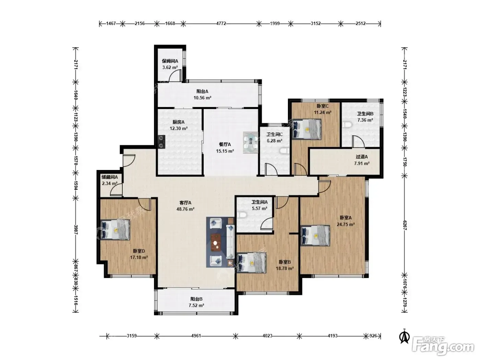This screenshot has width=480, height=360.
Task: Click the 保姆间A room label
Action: click(170, 61)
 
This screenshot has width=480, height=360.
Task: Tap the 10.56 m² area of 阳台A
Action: click(202, 98)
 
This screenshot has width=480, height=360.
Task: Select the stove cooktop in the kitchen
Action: click(161, 142)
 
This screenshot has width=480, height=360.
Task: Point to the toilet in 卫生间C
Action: click(285, 151)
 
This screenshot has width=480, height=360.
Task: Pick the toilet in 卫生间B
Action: click(347, 125)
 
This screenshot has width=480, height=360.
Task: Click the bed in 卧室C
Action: click(307, 129)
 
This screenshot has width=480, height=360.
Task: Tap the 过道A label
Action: click(362, 157)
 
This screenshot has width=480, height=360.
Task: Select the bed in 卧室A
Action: click(315, 236)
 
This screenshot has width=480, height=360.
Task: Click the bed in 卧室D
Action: click(115, 229)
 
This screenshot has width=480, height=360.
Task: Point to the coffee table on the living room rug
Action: click(216, 242)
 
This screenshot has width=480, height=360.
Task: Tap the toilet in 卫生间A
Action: click(242, 215)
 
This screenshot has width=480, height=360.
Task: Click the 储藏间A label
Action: click(110, 177)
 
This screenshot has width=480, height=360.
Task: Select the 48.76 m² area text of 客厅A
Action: click(185, 209)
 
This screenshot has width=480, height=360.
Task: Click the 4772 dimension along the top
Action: click(221, 23)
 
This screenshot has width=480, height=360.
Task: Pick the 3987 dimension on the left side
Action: click(76, 229)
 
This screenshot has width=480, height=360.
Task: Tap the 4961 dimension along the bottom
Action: click(196, 336)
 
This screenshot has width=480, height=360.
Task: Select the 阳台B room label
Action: click(196, 299)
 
